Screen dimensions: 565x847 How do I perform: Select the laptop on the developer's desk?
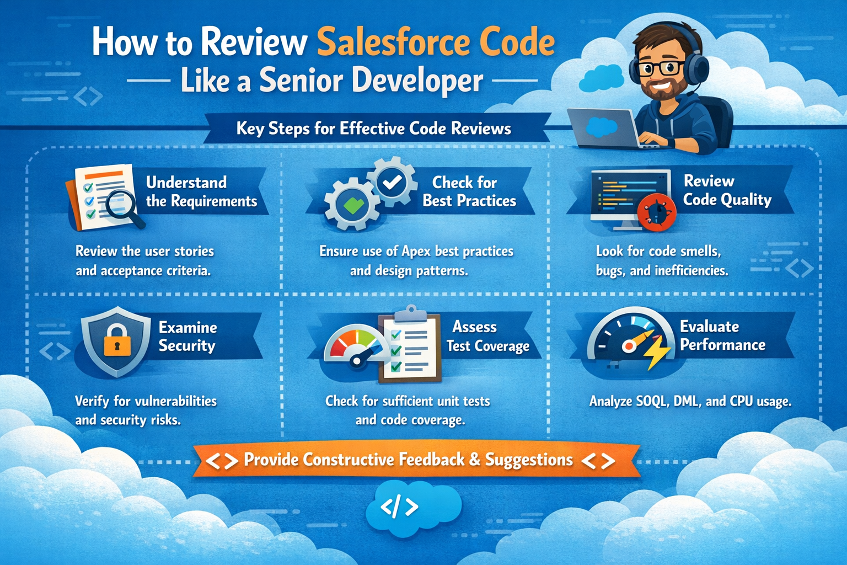click(x=603, y=128)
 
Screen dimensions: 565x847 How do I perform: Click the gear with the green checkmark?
click(x=352, y=205)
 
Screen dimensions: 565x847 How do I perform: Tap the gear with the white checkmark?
click(x=392, y=182)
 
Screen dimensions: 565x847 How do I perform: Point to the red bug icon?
click(x=656, y=211)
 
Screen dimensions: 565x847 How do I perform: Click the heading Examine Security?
click(x=187, y=337)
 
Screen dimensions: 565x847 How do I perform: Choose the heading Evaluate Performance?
click(x=722, y=335)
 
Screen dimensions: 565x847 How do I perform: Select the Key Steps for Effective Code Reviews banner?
click(x=373, y=129)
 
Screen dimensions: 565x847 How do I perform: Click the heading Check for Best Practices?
click(x=469, y=191)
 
